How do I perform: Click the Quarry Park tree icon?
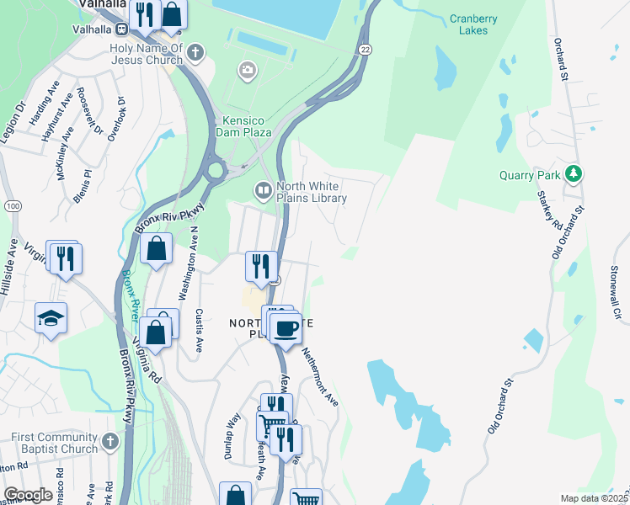point(574,174)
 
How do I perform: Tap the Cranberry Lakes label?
point(473,24)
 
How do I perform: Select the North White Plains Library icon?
point(264,191)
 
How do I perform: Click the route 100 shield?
point(12,205)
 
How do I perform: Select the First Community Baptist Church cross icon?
point(110,440)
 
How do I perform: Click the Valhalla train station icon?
point(122,29)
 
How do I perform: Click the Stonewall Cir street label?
point(617,291)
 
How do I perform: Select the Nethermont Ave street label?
point(319,378)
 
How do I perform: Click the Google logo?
point(28,494)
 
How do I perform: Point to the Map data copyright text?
point(594,498)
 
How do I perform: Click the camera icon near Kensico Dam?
point(247,68)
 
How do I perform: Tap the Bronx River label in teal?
point(131,294)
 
